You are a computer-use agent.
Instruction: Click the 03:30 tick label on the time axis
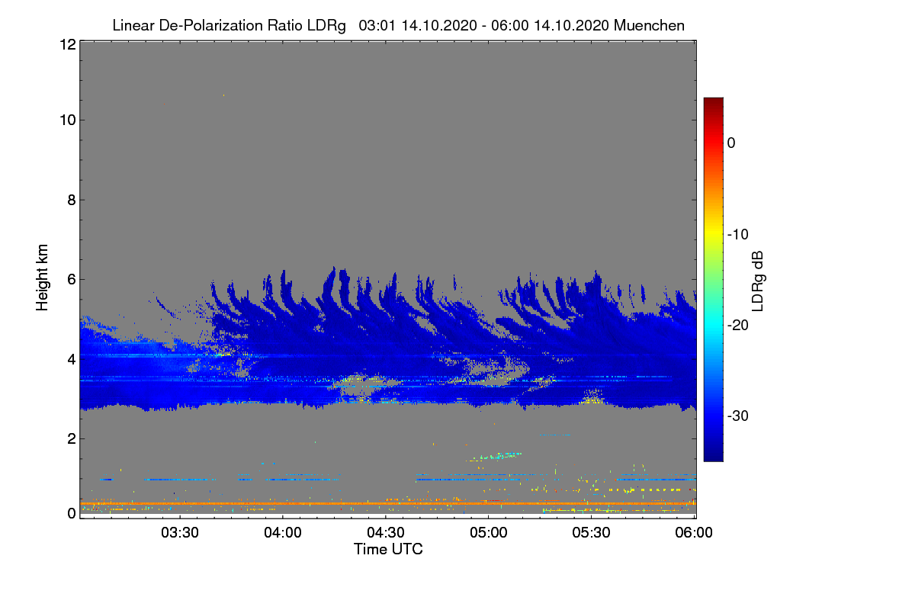click(180, 533)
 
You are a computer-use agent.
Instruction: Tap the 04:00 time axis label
click(283, 533)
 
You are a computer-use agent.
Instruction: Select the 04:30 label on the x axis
click(386, 533)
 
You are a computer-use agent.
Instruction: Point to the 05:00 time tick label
click(489, 533)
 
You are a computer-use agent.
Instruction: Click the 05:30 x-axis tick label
click(591, 533)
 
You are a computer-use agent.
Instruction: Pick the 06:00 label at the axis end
click(694, 533)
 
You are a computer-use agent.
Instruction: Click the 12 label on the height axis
click(68, 44)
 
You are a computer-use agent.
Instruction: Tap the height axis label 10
click(68, 120)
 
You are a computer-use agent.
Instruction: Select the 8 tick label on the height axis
click(72, 200)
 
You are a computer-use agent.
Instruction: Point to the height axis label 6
click(72, 280)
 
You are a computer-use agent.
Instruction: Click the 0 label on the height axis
click(72, 514)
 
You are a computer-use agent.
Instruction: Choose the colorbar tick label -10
click(738, 235)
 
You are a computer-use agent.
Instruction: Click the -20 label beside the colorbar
click(738, 326)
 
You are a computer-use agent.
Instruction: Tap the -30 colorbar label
click(738, 416)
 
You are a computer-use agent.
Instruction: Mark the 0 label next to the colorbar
click(731, 143)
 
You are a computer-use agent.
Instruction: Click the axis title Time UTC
click(388, 549)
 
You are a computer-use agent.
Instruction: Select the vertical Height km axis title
click(42, 278)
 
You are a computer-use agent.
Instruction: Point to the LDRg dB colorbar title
click(758, 281)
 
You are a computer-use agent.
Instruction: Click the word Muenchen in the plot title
click(649, 26)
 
